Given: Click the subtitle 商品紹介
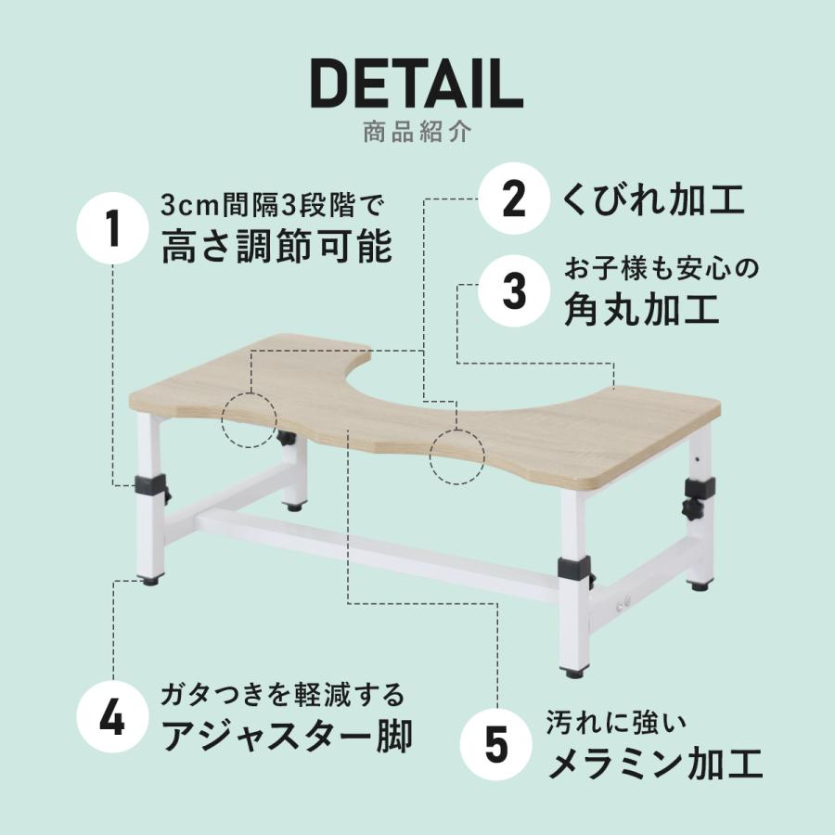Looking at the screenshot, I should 417,131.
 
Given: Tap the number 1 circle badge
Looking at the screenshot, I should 112,229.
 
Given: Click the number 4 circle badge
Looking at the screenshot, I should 112,721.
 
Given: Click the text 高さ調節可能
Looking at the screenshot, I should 276,248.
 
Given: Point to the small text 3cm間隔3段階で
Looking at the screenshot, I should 272,203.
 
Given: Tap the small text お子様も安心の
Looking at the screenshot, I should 662,268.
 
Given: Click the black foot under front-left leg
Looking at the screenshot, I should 148,582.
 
